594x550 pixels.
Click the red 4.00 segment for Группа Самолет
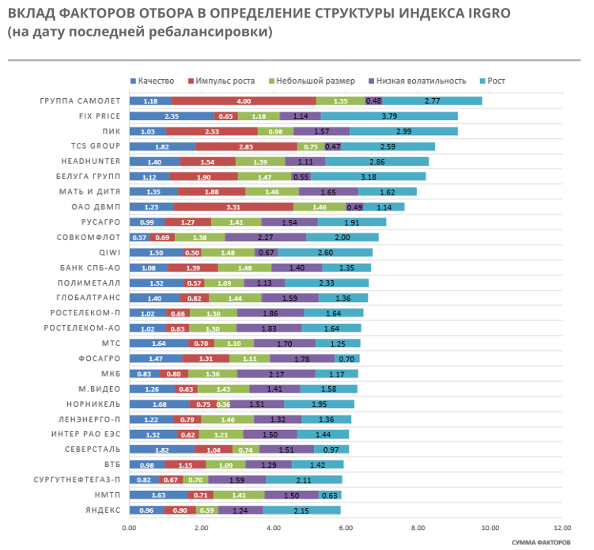[x=244, y=101]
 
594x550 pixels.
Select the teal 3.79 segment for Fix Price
[x=389, y=116]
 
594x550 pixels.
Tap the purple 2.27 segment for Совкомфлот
[x=265, y=237]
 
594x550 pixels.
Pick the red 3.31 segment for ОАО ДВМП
[x=233, y=207]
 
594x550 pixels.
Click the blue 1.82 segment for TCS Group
[x=161, y=146]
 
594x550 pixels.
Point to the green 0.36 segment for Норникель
[x=224, y=404]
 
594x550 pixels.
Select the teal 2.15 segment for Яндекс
[x=301, y=510]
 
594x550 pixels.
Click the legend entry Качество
[x=156, y=81]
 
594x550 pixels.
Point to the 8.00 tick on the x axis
[x=418, y=526]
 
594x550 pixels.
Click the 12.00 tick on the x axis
[x=562, y=526]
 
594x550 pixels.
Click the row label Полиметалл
[x=89, y=283]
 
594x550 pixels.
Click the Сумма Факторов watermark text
[x=541, y=542]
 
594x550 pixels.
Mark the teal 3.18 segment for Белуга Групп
[x=368, y=176]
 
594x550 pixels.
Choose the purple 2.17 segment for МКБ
[x=276, y=374]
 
